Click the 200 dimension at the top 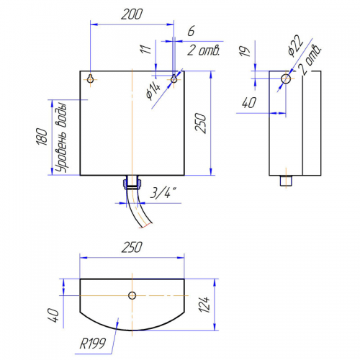132,14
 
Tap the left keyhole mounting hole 91,78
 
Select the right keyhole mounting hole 174,78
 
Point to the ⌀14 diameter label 153,91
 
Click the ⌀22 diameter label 295,46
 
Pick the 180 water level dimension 42,137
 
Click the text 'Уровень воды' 60,138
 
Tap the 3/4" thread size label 163,193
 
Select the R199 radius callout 92,343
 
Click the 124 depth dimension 204,305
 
